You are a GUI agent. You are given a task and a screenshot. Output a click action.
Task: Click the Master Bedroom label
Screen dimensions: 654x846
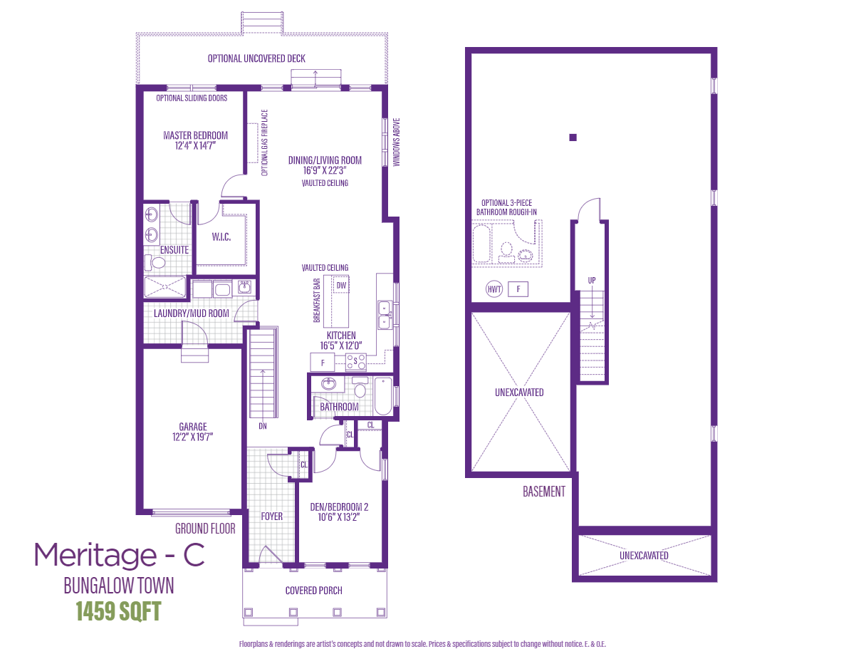tap(195, 135)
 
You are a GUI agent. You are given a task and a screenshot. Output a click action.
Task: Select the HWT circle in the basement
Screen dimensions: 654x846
tap(493, 289)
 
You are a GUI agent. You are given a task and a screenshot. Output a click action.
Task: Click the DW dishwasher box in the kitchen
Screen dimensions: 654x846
tap(341, 286)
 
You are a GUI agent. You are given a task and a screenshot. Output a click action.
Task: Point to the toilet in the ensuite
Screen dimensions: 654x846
tap(156, 264)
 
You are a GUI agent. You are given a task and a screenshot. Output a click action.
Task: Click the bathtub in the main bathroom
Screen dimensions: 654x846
tap(382, 396)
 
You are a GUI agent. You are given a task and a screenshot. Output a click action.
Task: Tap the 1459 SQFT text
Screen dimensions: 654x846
tap(118, 611)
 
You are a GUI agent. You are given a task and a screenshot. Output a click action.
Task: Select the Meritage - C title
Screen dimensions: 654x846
tap(120, 555)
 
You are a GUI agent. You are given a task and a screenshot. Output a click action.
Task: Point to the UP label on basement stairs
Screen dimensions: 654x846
tap(591, 280)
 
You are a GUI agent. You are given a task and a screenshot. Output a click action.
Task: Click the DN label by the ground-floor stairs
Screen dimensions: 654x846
tap(263, 426)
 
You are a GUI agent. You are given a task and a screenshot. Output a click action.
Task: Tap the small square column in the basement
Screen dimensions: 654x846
tap(573, 137)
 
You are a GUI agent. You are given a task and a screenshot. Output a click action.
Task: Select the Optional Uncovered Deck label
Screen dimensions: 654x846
tap(256, 58)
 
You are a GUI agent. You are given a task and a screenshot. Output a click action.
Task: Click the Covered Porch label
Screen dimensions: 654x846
tap(313, 590)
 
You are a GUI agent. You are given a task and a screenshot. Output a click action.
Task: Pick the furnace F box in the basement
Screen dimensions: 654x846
tap(518, 289)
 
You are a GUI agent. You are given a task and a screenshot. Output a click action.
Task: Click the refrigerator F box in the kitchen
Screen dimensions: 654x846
tap(323, 363)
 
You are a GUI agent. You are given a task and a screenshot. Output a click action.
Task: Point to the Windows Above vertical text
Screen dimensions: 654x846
tap(397, 142)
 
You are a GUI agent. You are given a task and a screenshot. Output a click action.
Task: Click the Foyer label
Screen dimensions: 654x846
tap(271, 516)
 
